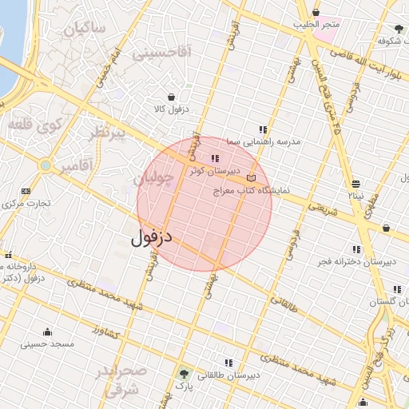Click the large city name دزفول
click(x=152, y=236)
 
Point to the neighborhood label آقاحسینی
click(x=162, y=54)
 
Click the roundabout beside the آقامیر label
click(x=46, y=165)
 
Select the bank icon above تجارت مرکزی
click(x=26, y=192)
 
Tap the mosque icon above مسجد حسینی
click(x=47, y=332)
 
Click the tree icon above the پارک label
click(x=185, y=374)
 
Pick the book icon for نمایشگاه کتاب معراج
click(x=252, y=178)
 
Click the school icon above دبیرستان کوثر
click(x=214, y=158)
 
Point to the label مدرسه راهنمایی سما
click(x=263, y=141)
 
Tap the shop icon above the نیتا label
click(x=355, y=183)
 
